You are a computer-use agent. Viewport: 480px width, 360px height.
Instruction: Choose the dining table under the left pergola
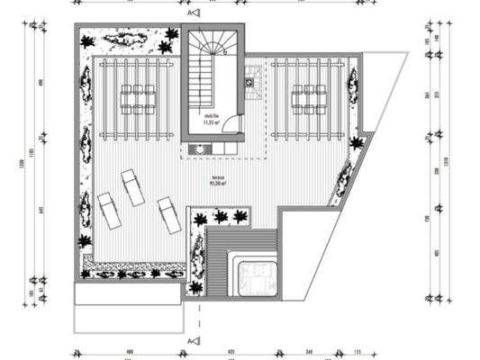[x=137, y=98]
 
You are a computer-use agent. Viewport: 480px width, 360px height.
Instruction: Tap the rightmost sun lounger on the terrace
[x=168, y=216]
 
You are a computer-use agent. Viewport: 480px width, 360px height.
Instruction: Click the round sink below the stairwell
[x=196, y=149]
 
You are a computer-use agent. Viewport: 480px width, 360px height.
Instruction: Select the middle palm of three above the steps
[x=219, y=217]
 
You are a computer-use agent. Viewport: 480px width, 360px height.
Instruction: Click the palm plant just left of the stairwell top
[x=169, y=35]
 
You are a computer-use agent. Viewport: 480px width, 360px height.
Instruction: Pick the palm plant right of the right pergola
[x=356, y=143]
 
